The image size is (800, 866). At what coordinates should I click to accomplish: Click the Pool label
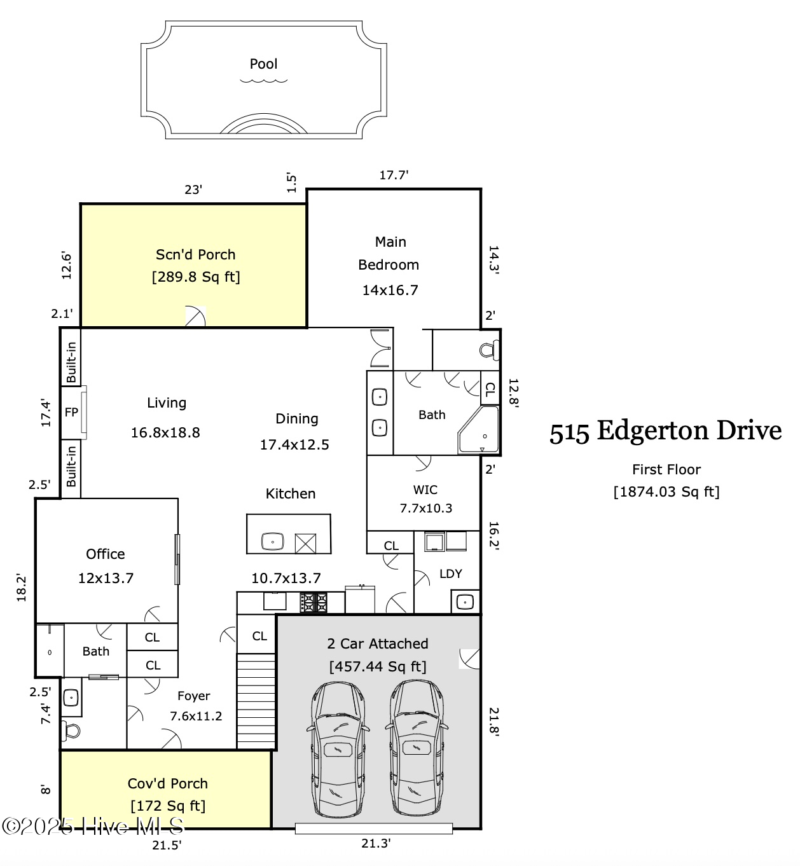click(x=263, y=64)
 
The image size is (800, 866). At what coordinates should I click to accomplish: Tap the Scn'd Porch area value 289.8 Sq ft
click(x=196, y=277)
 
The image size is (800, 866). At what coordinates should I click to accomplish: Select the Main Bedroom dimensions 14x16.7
click(x=390, y=290)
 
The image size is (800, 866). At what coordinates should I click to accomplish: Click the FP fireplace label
click(x=71, y=412)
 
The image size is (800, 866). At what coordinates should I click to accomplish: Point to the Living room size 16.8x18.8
click(x=165, y=432)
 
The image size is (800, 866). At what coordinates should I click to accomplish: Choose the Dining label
click(x=296, y=419)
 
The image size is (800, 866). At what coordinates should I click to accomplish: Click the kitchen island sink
click(x=273, y=542)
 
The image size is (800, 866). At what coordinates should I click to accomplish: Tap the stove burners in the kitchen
click(x=313, y=602)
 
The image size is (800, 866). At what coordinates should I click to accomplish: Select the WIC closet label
click(x=425, y=490)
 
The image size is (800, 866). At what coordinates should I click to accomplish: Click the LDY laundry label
click(x=451, y=574)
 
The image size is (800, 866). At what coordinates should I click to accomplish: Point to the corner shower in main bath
click(x=478, y=430)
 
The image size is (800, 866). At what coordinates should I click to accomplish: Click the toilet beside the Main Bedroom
click(x=490, y=350)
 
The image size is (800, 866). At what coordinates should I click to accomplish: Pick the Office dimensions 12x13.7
click(x=106, y=578)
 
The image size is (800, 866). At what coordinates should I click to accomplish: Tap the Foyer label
click(x=194, y=696)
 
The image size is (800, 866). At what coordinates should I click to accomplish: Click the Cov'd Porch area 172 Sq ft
click(x=168, y=806)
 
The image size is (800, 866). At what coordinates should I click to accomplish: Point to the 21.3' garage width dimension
click(x=376, y=843)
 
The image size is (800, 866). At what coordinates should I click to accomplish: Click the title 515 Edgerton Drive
click(x=665, y=431)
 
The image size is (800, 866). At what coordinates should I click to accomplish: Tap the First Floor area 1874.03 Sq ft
click(x=666, y=492)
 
